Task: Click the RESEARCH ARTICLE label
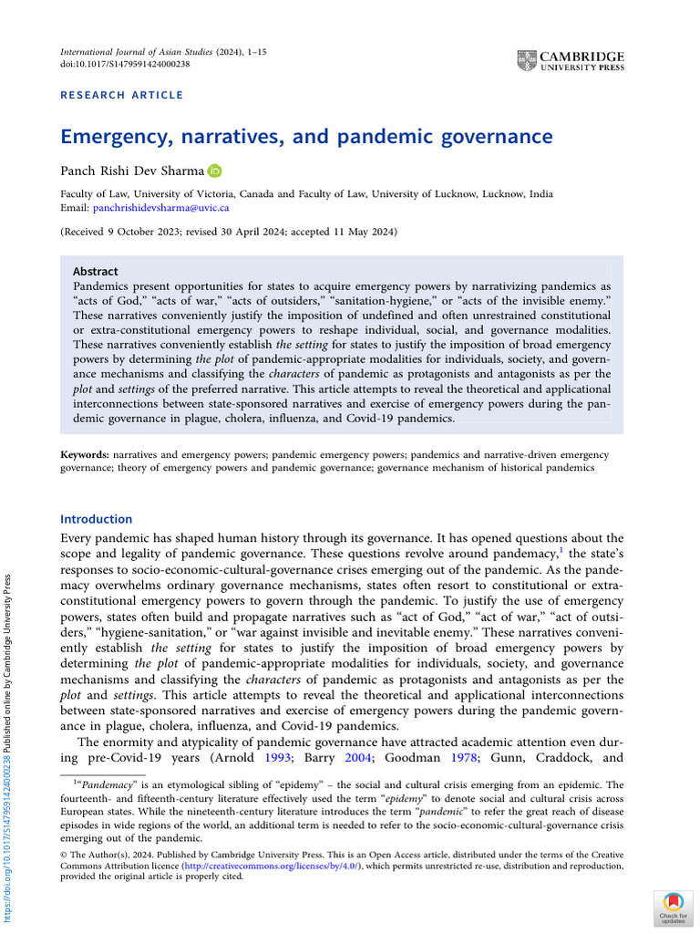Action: click(x=121, y=95)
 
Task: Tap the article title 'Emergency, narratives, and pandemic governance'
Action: click(x=306, y=137)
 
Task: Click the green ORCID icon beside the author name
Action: click(x=214, y=171)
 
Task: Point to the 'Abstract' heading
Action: click(x=95, y=271)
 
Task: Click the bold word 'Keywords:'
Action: click(x=84, y=454)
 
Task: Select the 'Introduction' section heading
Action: click(x=96, y=519)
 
